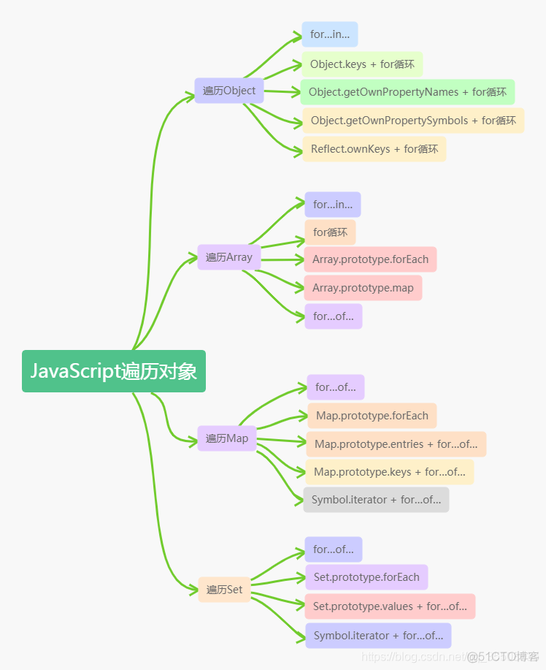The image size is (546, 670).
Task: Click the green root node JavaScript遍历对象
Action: click(114, 371)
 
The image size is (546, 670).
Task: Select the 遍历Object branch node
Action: click(229, 91)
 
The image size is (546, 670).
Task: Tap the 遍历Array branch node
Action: click(229, 257)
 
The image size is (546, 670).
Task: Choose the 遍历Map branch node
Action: click(227, 438)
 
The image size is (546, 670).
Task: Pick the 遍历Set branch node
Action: click(224, 590)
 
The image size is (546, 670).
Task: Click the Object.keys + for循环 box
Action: click(362, 64)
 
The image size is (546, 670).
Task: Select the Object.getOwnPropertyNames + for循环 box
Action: click(407, 92)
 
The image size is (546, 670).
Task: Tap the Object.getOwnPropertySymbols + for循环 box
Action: click(413, 121)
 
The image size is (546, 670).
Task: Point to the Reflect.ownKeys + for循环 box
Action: click(374, 149)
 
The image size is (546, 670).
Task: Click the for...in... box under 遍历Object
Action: click(330, 34)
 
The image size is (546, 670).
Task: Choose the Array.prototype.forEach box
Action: click(371, 259)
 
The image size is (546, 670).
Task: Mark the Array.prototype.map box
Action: click(363, 288)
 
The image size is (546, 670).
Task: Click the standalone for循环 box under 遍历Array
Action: click(330, 232)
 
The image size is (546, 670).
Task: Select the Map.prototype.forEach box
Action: click(372, 416)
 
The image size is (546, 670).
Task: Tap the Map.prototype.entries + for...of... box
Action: click(396, 444)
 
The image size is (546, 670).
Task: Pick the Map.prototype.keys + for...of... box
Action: click(389, 472)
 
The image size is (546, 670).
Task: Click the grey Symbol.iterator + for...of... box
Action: click(376, 500)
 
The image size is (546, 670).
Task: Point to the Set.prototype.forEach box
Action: click(366, 577)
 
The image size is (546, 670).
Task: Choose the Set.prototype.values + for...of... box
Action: click(390, 606)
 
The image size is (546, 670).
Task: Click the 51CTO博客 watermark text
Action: click(503, 655)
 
